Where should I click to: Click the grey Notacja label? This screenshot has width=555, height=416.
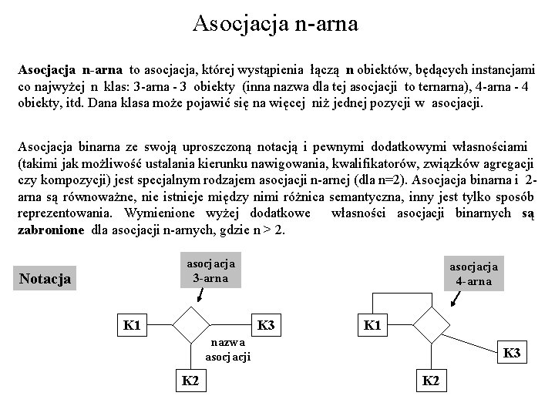click(45, 278)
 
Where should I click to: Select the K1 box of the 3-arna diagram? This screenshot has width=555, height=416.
click(131, 325)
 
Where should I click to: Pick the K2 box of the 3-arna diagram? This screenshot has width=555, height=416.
click(189, 380)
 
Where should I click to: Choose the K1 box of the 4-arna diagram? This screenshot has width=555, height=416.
click(372, 325)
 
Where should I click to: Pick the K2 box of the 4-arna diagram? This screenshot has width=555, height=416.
click(431, 380)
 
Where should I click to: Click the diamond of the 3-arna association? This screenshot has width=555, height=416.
click(190, 325)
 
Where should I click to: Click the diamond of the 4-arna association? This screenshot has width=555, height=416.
click(432, 325)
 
